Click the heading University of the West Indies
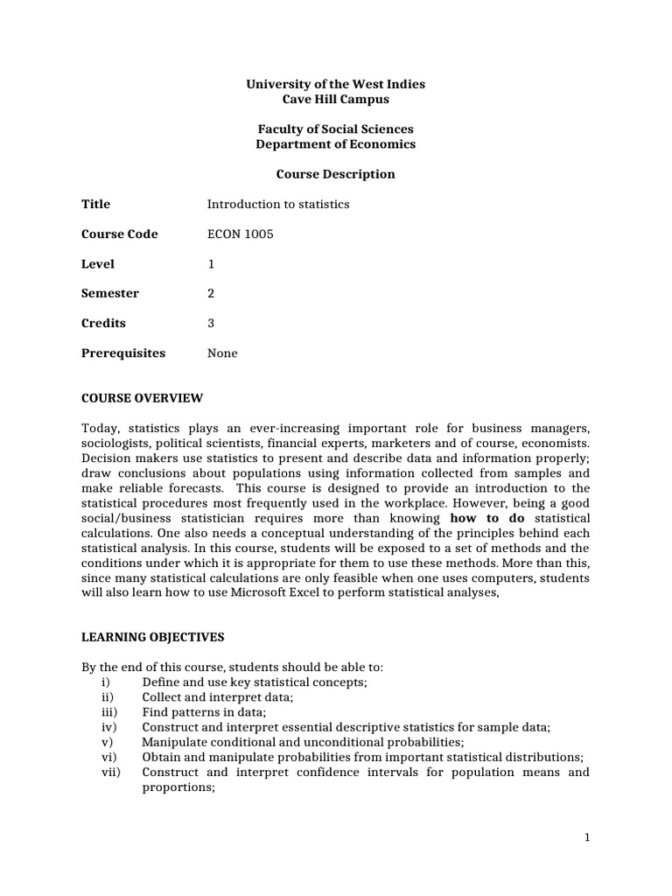[335, 84]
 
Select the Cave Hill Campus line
[335, 99]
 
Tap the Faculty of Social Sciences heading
[335, 129]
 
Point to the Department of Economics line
[335, 144]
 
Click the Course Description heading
[335, 174]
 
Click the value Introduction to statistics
[277, 204]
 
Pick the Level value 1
[211, 264]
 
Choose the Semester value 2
[211, 294]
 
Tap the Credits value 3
[211, 324]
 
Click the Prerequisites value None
[222, 353]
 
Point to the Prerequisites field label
[122, 353]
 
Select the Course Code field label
[120, 234]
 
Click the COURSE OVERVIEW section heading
[142, 398]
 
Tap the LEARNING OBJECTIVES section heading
[153, 637]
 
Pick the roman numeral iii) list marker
[109, 713]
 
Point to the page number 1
[588, 837]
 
